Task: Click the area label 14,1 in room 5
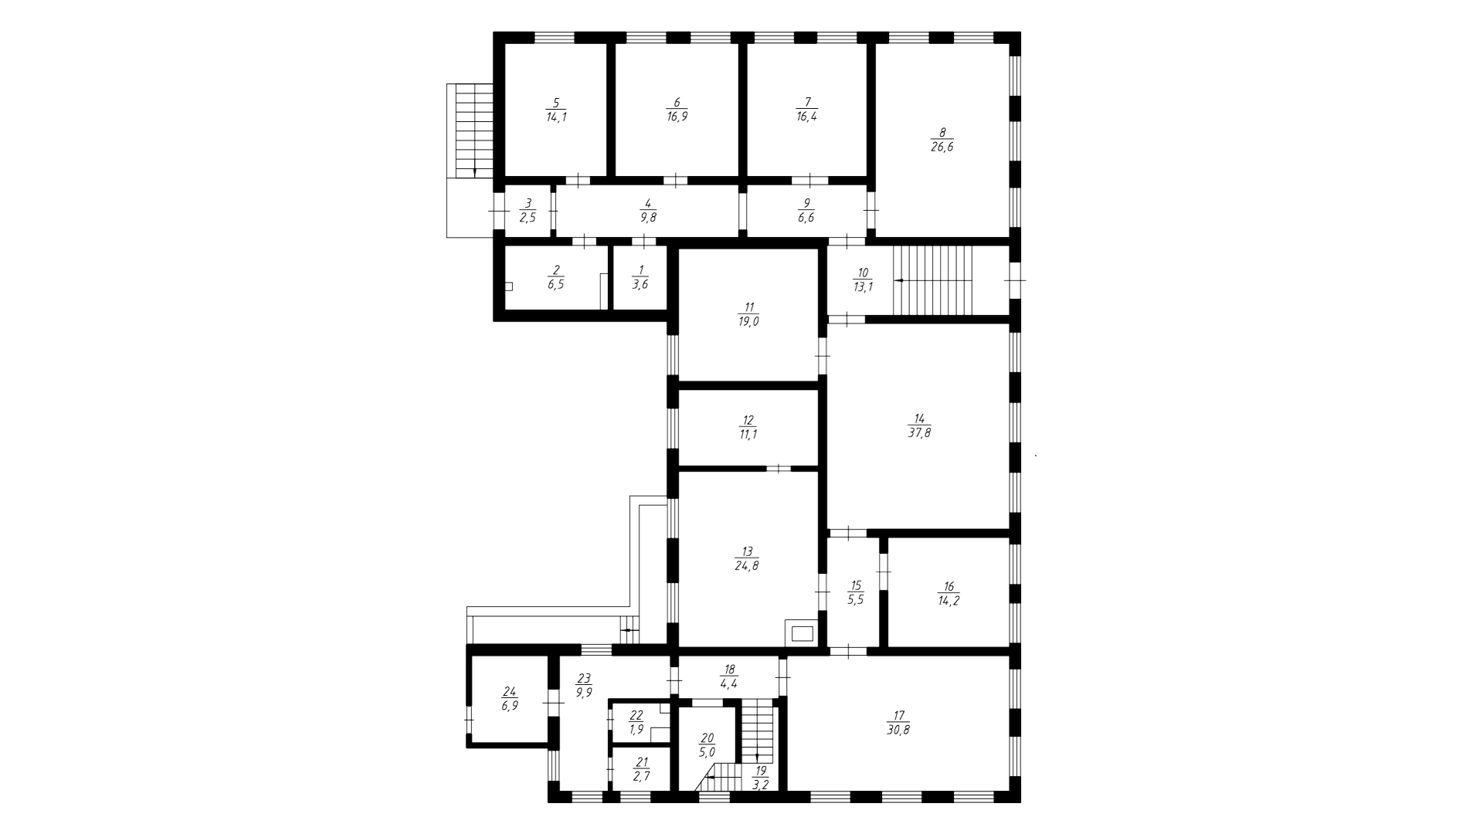tap(556, 117)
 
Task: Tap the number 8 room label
tap(942, 132)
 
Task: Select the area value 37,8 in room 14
tap(919, 433)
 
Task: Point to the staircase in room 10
tap(933, 280)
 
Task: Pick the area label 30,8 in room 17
tap(898, 730)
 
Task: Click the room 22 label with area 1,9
tap(636, 722)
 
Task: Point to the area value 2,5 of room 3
tap(528, 218)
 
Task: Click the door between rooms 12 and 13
tap(779, 468)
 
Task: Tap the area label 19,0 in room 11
tap(748, 322)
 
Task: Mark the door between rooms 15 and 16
tap(884, 572)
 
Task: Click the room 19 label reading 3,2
tap(761, 778)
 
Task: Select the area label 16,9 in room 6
tap(677, 117)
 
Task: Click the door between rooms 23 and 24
tap(553, 702)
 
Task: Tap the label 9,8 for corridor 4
tap(647, 218)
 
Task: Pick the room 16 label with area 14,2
tap(949, 601)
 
